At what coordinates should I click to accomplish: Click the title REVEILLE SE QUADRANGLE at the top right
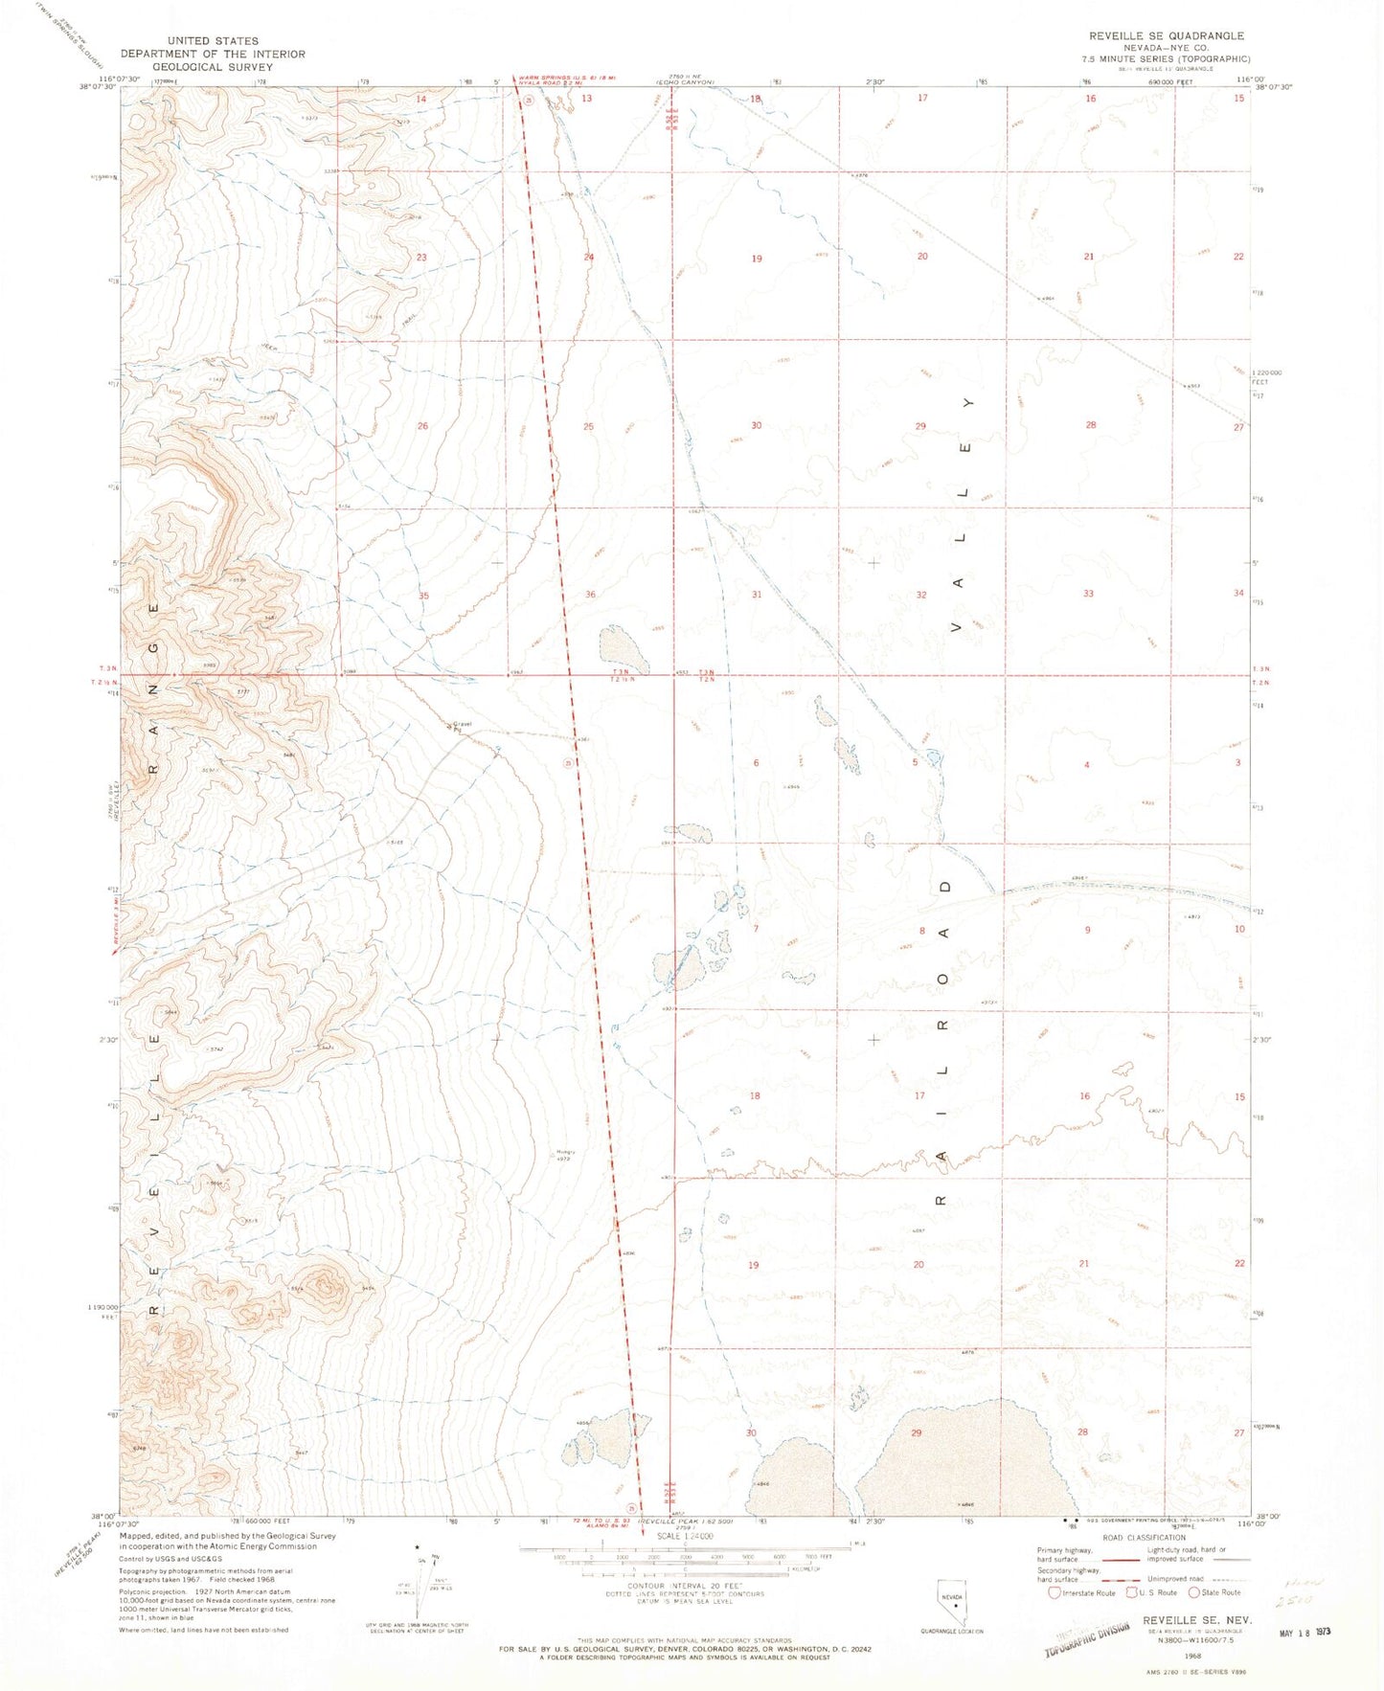tap(1166, 35)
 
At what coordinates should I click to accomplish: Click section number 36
tap(590, 595)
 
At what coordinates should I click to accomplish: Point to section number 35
tap(423, 596)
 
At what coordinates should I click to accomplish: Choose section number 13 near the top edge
tap(586, 99)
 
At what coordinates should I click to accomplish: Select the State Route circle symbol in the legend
tap(1193, 1592)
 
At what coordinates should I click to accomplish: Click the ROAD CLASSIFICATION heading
tap(1145, 1538)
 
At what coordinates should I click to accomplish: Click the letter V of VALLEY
tap(955, 628)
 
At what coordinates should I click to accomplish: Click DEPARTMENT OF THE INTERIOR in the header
tap(212, 54)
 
